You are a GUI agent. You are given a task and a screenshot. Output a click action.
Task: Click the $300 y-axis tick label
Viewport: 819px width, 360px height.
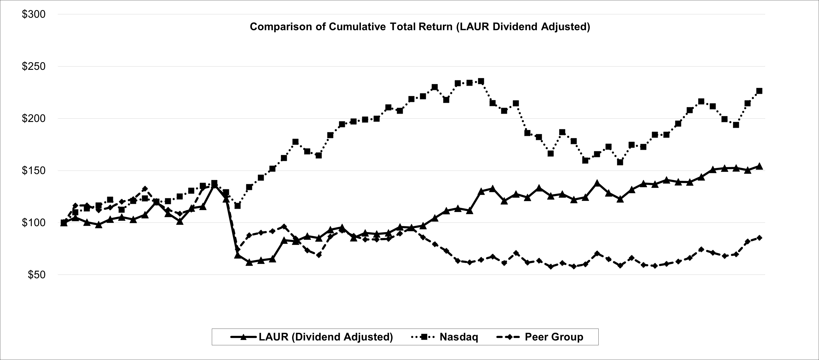coord(33,15)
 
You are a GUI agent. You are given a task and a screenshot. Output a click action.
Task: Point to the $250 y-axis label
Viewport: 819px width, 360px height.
coord(33,66)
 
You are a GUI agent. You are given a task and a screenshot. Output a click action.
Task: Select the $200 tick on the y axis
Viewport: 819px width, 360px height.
coord(33,119)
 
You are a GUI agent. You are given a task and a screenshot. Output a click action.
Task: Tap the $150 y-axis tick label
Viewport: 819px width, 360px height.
coord(33,171)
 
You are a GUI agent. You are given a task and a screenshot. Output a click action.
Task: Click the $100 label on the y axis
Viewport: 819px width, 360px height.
coord(33,223)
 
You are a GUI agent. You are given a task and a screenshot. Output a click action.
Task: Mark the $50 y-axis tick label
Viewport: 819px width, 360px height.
coord(36,275)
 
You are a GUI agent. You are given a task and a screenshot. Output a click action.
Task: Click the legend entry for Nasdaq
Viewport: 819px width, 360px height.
coord(459,337)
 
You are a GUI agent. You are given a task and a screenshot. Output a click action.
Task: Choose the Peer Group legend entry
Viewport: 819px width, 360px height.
coord(554,337)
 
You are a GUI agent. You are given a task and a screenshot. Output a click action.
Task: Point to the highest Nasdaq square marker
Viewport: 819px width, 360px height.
coord(481,81)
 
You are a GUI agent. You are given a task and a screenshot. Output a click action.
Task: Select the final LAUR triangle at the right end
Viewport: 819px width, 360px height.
coord(759,166)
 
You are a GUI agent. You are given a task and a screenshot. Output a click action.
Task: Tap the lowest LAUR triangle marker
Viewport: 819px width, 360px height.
coord(249,262)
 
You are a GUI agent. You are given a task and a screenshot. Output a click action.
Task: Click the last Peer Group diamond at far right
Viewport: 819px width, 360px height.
coord(759,238)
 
